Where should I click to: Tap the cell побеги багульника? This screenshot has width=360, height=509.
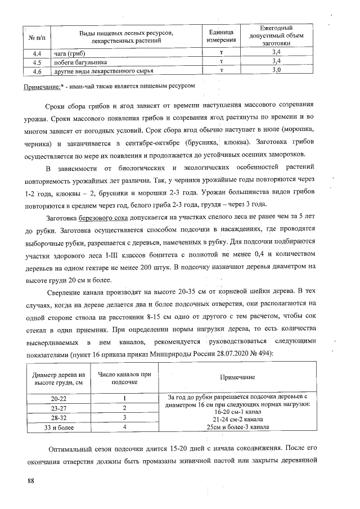click(80, 62)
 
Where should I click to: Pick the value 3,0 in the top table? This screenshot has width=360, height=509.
click(276, 70)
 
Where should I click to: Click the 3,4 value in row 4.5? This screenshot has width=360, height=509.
click(276, 62)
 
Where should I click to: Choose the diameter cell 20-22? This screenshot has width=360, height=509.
click(59, 399)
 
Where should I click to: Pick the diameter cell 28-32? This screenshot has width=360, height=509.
click(59, 417)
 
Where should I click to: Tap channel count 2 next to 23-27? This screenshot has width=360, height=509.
click(123, 408)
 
